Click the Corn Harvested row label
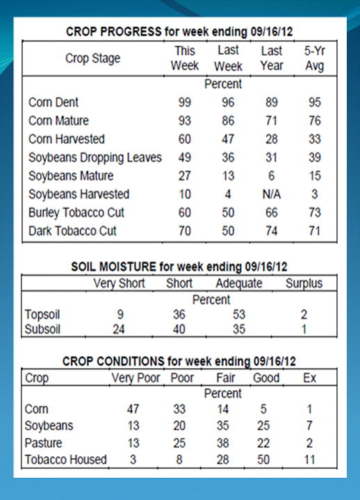click(x=67, y=139)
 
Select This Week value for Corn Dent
click(x=184, y=102)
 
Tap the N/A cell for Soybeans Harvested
click(x=272, y=194)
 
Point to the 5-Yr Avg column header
click(x=314, y=58)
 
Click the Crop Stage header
click(x=93, y=58)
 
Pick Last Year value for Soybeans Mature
click(x=271, y=176)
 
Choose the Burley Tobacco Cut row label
click(x=76, y=212)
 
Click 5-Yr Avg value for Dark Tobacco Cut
click(x=314, y=231)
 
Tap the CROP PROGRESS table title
click(x=179, y=31)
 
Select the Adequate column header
click(x=239, y=283)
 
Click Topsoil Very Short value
click(x=120, y=315)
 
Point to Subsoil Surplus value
click(x=304, y=329)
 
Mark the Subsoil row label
click(x=42, y=329)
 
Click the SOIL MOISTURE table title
click(x=179, y=267)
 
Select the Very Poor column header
click(x=136, y=378)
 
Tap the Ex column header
click(x=309, y=378)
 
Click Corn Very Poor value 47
click(x=133, y=409)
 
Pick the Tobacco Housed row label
click(x=66, y=460)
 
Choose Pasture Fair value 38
click(x=223, y=443)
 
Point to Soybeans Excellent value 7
click(x=309, y=426)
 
